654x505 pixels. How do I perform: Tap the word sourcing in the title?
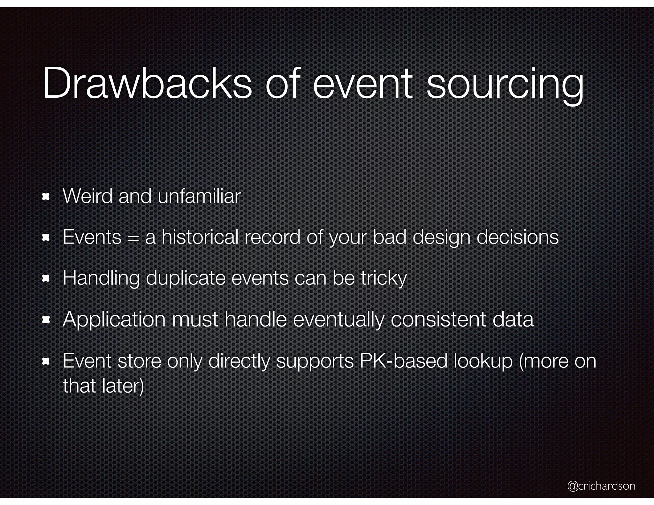click(x=505, y=85)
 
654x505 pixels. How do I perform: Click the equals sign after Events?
click(x=133, y=238)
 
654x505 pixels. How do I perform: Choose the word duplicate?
click(x=186, y=278)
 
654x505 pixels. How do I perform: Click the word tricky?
click(x=384, y=278)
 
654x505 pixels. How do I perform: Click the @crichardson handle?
click(x=601, y=486)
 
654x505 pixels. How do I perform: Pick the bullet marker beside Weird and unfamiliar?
click(x=46, y=197)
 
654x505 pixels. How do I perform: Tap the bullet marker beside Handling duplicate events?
click(x=46, y=279)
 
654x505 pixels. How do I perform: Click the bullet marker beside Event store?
click(x=46, y=361)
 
